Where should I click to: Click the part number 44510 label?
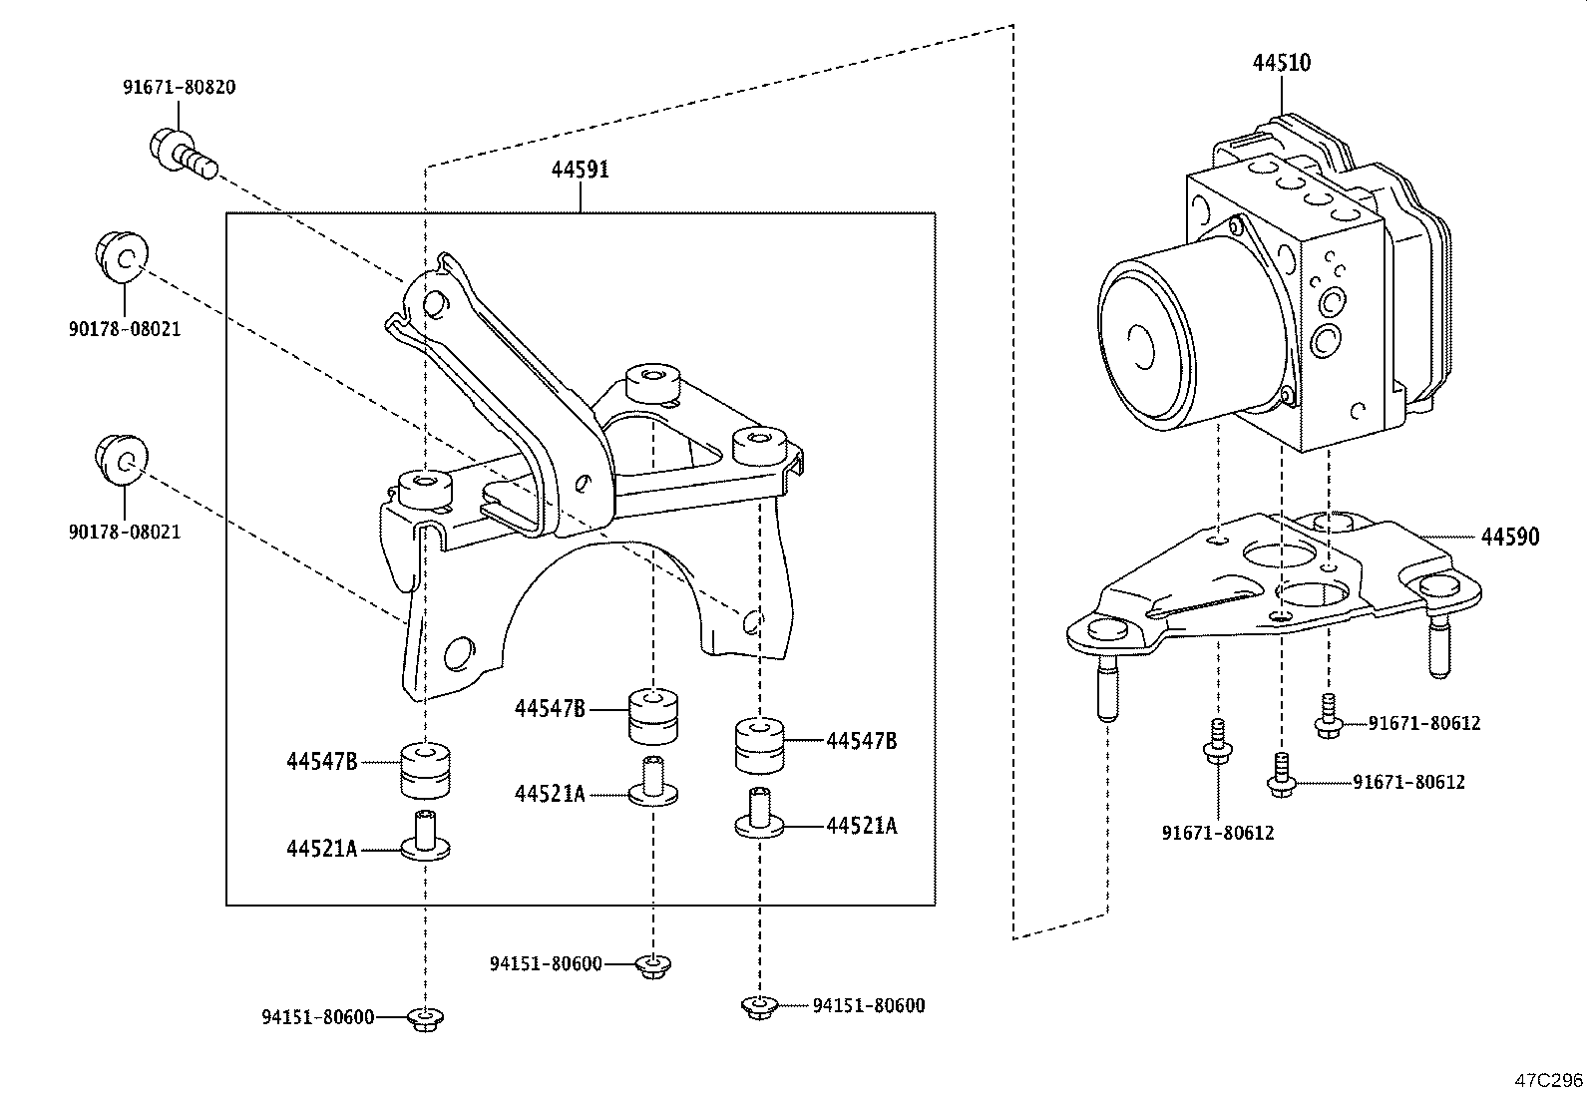tap(1282, 63)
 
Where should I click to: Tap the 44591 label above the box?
tap(580, 170)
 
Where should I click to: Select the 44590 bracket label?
tap(1509, 538)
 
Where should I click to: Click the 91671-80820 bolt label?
tap(180, 87)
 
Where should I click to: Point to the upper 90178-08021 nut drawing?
tap(122, 257)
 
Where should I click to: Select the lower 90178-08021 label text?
tap(125, 532)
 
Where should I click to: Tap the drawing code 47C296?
tap(1549, 1080)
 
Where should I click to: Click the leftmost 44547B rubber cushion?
tap(425, 770)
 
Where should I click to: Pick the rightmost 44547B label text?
tap(861, 741)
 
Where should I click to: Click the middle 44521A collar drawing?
tap(653, 781)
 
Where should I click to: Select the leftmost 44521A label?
tap(321, 849)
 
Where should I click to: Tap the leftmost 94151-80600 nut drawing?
tap(426, 1017)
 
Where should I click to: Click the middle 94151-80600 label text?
tap(546, 963)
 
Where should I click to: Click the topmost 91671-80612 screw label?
tap(1423, 723)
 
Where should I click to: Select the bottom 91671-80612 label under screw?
tap(1218, 832)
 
